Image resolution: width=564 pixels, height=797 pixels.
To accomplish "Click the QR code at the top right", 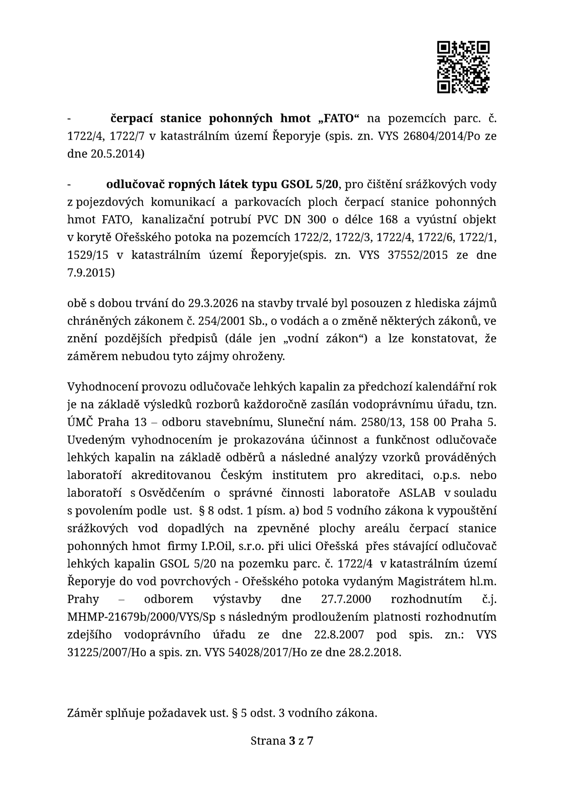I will click(463, 67).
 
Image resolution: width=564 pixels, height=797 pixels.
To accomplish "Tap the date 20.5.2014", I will click(116, 154).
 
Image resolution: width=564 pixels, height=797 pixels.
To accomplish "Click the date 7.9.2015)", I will click(91, 273).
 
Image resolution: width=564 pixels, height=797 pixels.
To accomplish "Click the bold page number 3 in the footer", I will click(291, 741).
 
